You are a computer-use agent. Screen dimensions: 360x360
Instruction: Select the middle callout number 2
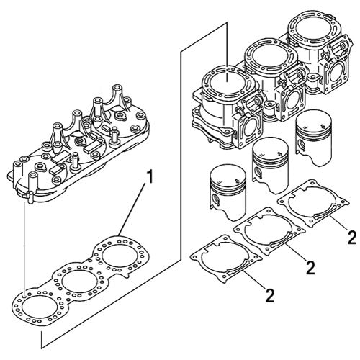[x=310, y=268]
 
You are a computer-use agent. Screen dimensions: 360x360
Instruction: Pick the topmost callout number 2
[x=351, y=237]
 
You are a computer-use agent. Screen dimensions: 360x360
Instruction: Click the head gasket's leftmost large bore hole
[x=35, y=304]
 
